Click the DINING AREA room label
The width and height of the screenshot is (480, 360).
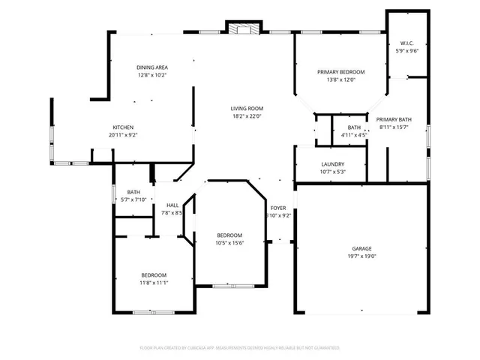(151, 67)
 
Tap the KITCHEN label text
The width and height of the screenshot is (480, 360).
(123, 127)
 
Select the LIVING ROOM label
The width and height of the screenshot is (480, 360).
(247, 109)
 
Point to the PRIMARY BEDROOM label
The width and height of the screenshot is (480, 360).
(340, 71)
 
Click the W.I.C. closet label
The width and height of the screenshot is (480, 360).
(407, 43)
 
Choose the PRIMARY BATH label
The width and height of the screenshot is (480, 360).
(394, 119)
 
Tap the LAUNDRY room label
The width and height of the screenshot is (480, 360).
(332, 164)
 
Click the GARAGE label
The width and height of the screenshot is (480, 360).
(362, 248)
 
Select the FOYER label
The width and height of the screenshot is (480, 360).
(278, 208)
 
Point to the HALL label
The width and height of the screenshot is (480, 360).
(172, 205)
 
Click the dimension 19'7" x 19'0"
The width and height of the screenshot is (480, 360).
(362, 256)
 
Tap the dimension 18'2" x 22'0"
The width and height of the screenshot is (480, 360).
(247, 117)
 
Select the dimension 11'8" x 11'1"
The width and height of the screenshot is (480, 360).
(154, 283)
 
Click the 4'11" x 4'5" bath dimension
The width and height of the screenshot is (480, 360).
(354, 136)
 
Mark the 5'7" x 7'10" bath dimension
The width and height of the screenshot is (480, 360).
(134, 199)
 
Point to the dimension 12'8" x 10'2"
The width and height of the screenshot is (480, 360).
(151, 76)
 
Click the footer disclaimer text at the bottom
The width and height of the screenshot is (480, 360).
(240, 348)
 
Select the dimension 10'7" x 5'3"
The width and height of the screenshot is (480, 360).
(332, 172)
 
